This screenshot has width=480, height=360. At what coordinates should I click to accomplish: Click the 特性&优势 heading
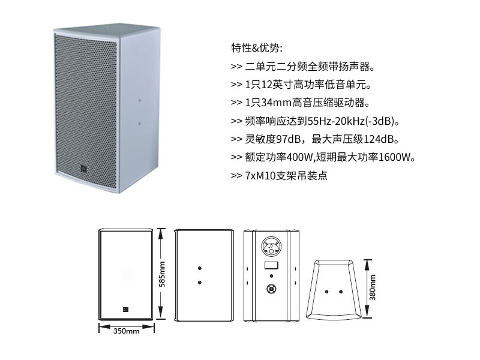[x=257, y=48]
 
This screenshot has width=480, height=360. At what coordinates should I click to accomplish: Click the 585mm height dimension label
[x=162, y=275]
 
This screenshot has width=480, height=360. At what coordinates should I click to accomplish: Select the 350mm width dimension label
[x=126, y=331]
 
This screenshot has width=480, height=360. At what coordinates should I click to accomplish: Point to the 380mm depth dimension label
[x=373, y=288]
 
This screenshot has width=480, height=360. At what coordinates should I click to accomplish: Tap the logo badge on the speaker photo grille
[x=84, y=168]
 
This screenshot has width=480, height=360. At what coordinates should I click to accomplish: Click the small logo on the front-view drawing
[x=125, y=310]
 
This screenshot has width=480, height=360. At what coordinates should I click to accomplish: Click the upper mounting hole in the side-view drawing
[x=200, y=268]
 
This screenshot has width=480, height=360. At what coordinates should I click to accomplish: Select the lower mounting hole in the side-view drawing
[x=200, y=282]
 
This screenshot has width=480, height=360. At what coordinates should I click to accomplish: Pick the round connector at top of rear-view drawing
[x=271, y=246]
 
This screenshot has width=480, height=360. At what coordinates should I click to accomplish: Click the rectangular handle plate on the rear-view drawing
[x=271, y=265]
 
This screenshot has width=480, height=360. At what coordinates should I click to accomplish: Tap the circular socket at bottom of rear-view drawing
[x=271, y=289]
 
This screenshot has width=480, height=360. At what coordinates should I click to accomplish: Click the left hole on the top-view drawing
[x=326, y=292]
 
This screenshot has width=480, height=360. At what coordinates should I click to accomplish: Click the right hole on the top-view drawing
[x=341, y=292]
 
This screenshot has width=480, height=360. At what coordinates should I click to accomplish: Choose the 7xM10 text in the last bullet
[x=260, y=176]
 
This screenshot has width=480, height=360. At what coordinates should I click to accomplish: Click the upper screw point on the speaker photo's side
[x=140, y=100]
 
